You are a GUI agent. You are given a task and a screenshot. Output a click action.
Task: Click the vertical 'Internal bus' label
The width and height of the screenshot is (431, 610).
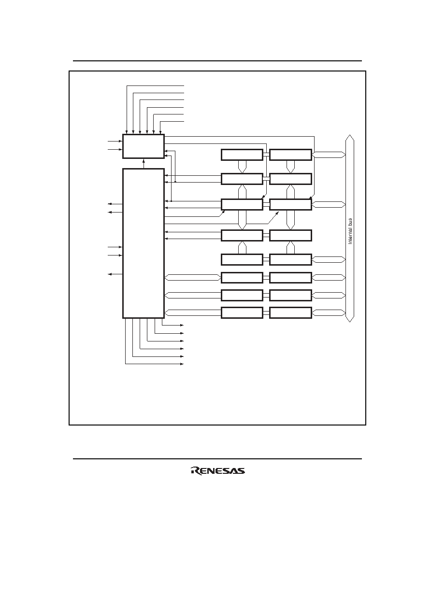pyautogui.click(x=350, y=231)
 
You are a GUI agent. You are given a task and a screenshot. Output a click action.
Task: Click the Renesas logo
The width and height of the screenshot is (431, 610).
pyautogui.click(x=218, y=471)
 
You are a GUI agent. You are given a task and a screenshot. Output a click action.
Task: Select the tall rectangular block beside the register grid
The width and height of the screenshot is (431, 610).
pyautogui.click(x=144, y=243)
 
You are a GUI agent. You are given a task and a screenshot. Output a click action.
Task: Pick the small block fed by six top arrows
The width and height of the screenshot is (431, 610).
pyautogui.click(x=144, y=146)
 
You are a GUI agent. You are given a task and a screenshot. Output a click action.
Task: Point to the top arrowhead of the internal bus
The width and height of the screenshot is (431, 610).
pyautogui.click(x=350, y=137)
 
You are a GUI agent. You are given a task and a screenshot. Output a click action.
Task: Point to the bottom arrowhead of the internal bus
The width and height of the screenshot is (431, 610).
pyautogui.click(x=350, y=319)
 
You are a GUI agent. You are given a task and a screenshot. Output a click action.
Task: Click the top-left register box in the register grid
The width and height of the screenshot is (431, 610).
pyautogui.click(x=242, y=155)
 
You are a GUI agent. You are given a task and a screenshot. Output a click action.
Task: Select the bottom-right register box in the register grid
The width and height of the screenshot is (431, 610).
pyautogui.click(x=290, y=312)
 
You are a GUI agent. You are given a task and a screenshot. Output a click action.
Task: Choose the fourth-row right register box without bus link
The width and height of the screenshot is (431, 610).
pyautogui.click(x=290, y=235)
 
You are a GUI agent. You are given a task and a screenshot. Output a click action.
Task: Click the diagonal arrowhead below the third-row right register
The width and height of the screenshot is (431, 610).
pyautogui.click(x=277, y=213)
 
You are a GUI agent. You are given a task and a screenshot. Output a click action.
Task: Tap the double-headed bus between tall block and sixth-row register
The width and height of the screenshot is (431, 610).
pyautogui.click(x=193, y=278)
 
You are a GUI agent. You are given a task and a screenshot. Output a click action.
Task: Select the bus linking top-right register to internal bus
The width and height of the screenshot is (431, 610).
pyautogui.click(x=329, y=155)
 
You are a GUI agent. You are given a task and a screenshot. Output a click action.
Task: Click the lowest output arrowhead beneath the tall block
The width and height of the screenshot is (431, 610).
pyautogui.click(x=182, y=364)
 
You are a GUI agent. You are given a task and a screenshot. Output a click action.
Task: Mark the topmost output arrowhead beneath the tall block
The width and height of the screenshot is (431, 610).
pyautogui.click(x=182, y=325)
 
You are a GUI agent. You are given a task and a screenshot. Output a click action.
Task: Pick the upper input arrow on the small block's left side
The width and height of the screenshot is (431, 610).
pyautogui.click(x=115, y=142)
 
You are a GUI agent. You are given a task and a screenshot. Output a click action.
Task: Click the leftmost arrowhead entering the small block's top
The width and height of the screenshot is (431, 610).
pyautogui.click(x=127, y=132)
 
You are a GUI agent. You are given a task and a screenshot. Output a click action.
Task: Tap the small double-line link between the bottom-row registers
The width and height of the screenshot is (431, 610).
pyautogui.click(x=266, y=312)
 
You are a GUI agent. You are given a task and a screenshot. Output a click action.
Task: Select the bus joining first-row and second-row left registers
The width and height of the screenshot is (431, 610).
pyautogui.click(x=242, y=167)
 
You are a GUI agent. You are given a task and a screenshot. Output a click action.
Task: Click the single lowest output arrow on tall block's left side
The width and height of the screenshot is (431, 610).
pyautogui.click(x=115, y=274)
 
